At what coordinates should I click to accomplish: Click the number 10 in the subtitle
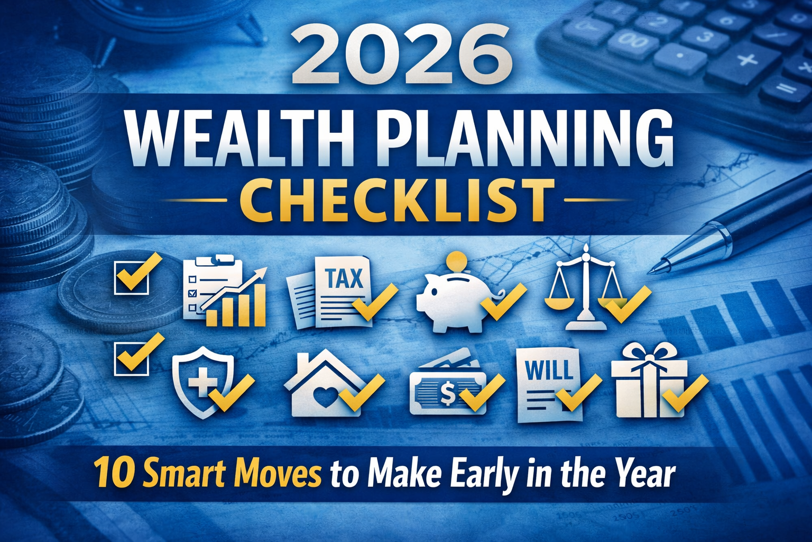(113, 473)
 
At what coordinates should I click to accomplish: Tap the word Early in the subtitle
(484, 474)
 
